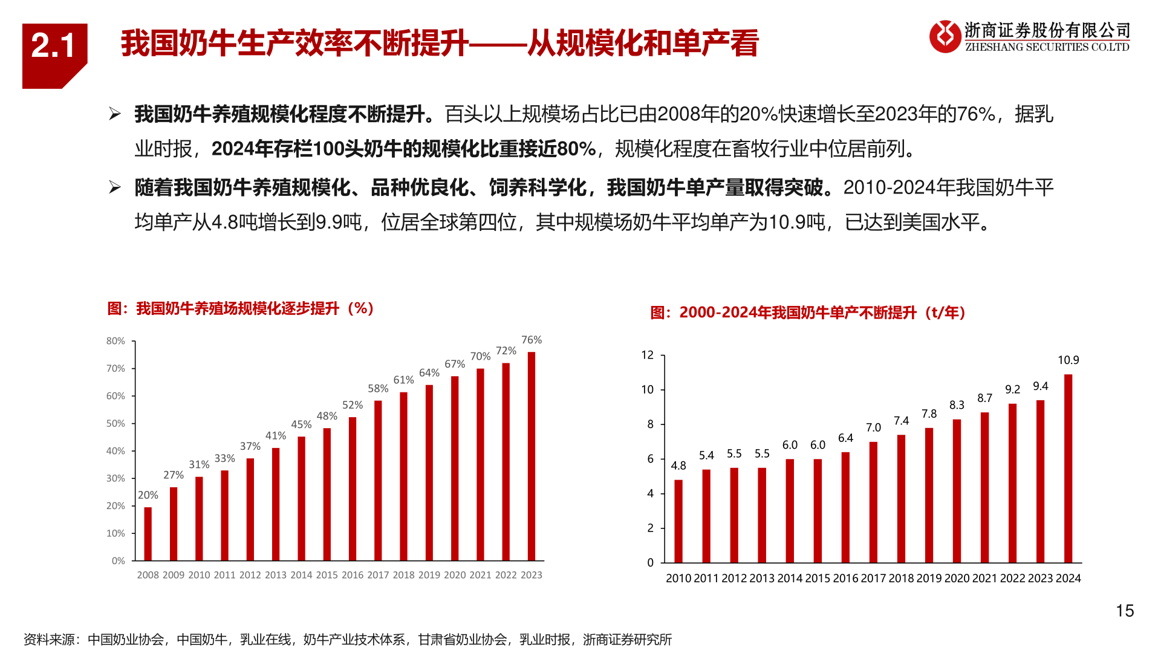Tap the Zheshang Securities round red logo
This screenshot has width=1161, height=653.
coord(945,36)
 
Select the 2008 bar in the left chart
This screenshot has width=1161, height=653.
coord(148,534)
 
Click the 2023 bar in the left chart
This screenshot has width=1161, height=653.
coord(532,456)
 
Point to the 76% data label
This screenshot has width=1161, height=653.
coord(532,340)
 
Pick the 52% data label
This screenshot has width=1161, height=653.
coord(353,405)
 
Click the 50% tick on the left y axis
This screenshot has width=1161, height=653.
coord(115,423)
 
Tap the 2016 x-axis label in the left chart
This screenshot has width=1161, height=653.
coord(353,575)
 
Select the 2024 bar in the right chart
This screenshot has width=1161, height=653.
coord(1068,469)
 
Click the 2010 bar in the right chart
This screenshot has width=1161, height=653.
coord(678,521)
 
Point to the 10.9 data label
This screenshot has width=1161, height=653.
coord(1068,360)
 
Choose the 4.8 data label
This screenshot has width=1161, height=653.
coord(678,466)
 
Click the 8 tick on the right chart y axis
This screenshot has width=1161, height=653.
coord(651,424)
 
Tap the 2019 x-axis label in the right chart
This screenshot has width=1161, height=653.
coord(929,578)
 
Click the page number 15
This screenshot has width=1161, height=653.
coord(1125,611)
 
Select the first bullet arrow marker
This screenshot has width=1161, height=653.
coord(114,114)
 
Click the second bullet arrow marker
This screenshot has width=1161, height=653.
coord(114,187)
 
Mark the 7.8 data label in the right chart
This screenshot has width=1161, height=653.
coord(929,414)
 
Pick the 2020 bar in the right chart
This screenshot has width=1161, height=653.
coord(957,491)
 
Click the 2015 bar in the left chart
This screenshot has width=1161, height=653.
coord(327,495)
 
